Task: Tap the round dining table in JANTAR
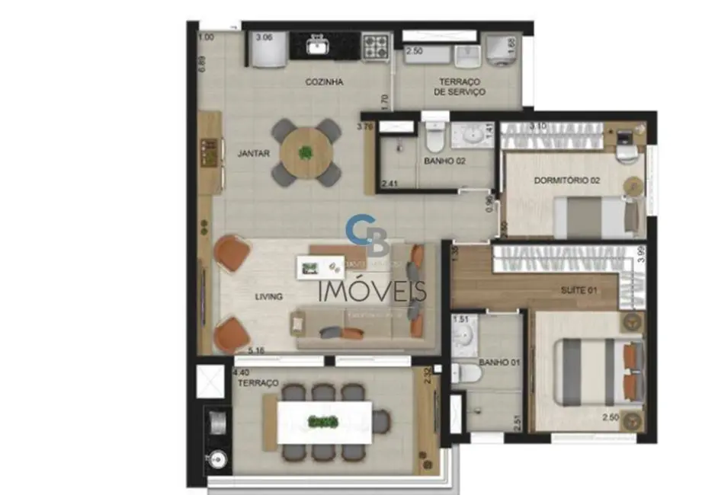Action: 306,152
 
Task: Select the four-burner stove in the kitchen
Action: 375,47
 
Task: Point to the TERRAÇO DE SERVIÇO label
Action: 460,87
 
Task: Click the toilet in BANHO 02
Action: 434,136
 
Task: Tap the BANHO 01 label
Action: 499,362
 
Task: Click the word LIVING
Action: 269,296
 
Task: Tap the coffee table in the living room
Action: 319,267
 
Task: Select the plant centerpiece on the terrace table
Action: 323,421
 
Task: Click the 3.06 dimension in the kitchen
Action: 264,37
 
